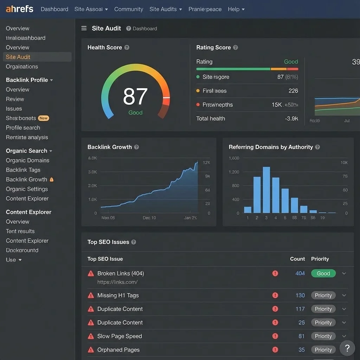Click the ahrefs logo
[20, 9]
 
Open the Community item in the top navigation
[128, 9]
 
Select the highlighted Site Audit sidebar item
[18, 57]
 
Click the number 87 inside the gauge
[135, 97]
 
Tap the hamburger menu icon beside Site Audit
[84, 28]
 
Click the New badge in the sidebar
[44, 118]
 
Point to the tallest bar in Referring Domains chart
[266, 190]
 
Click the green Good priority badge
[323, 274]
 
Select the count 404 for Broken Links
[300, 274]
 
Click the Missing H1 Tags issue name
[118, 295]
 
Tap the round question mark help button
[347, 348]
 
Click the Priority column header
[320, 259]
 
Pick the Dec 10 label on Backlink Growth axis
[149, 218]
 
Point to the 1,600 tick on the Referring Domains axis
[234, 158]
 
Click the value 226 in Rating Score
[293, 91]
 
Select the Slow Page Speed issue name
[120, 336]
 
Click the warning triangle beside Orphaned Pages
[91, 350]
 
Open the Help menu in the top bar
[236, 9]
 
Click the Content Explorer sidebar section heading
[28, 212]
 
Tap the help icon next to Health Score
[127, 47]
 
